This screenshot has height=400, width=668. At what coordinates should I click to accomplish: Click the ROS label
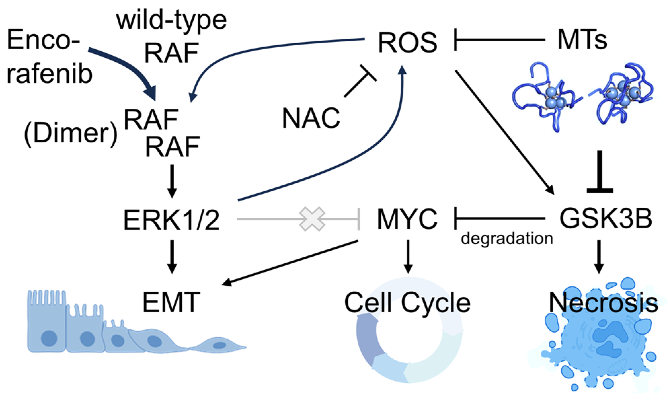pyautogui.click(x=407, y=42)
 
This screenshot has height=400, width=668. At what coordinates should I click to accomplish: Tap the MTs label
pyautogui.click(x=582, y=40)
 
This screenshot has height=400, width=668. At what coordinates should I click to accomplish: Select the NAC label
pyautogui.click(x=311, y=118)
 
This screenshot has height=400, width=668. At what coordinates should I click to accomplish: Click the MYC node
pyautogui.click(x=407, y=219)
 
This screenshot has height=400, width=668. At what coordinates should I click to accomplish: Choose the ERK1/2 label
pyautogui.click(x=171, y=220)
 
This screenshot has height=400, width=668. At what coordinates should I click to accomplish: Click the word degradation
pyautogui.click(x=507, y=238)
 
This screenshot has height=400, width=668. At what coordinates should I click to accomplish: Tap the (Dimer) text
pyautogui.click(x=70, y=134)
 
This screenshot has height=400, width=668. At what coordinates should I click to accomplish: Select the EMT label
pyautogui.click(x=171, y=302)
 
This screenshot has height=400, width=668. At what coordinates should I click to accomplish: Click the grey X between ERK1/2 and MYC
pyautogui.click(x=312, y=219)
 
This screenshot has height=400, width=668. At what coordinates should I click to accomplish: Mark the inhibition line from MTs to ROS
pyautogui.click(x=499, y=40)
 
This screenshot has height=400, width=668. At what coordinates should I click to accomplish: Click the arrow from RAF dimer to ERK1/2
pyautogui.click(x=172, y=181)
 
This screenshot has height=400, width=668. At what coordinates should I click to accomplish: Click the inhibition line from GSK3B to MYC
pyautogui.click(x=499, y=218)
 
